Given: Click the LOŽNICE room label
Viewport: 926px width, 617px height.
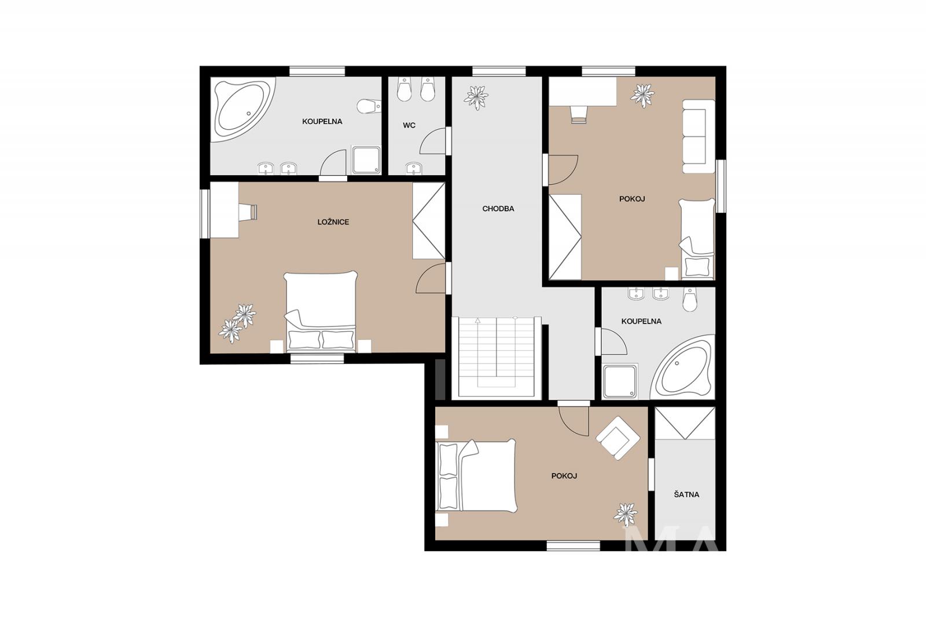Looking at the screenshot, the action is (333, 222).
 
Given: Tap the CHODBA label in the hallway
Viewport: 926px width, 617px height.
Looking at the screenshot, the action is (498, 209).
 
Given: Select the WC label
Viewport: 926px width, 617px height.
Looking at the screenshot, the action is (409, 125).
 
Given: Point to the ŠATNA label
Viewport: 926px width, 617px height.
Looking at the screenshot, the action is (686, 494).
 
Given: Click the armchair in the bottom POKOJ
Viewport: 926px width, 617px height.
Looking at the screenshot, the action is (618, 438).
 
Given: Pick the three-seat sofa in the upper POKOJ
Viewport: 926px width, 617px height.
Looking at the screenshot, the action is (698, 136).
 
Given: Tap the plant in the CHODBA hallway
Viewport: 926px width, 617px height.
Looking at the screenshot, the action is (476, 97).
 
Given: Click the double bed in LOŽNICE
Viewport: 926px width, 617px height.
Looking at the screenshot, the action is (321, 311).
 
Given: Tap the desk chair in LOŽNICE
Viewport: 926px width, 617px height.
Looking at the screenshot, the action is (248, 212).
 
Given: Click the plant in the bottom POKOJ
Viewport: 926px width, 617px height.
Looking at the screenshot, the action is (626, 515).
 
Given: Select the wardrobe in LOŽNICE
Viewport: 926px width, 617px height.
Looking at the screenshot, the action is (429, 221).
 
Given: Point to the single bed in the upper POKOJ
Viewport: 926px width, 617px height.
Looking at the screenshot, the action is (697, 238).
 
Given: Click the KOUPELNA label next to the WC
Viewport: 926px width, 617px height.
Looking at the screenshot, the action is (322, 122).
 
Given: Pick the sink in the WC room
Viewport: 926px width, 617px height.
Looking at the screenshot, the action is (413, 168).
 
